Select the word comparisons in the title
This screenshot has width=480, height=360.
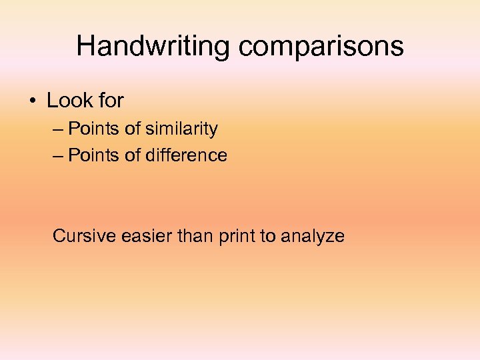tap(321, 47)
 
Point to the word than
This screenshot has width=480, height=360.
tap(195, 236)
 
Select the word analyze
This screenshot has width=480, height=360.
tap(313, 237)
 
